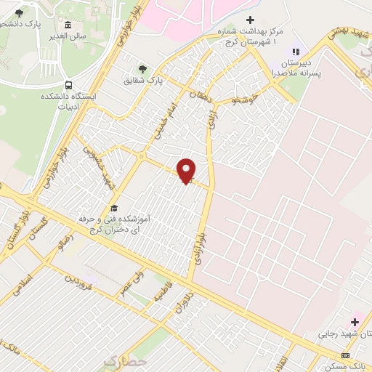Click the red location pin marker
(x=187, y=171)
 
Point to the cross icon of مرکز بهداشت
(x=251, y=20)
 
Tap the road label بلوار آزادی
(x=202, y=244)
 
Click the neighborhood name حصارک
(x=124, y=360)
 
